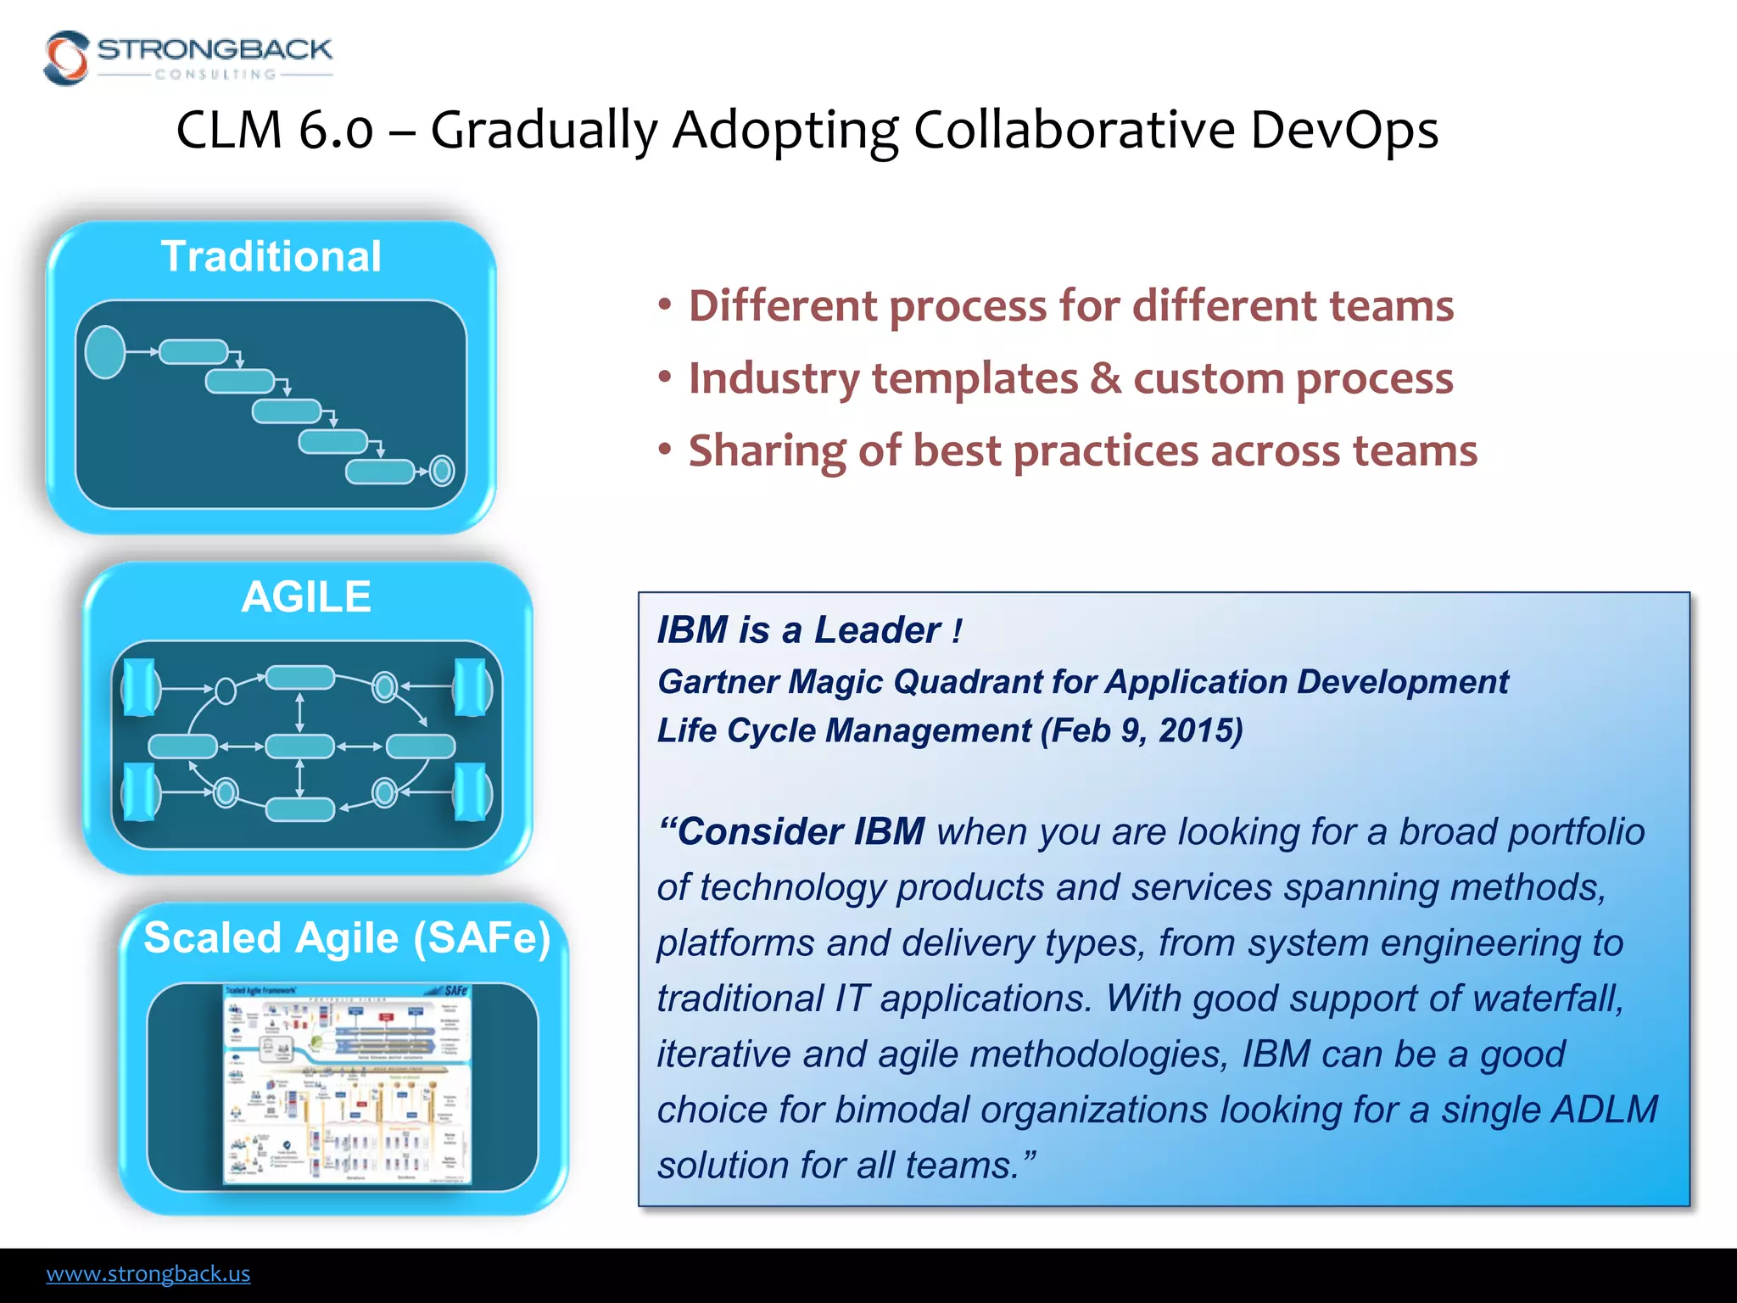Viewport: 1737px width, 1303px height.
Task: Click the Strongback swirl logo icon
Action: coord(66,58)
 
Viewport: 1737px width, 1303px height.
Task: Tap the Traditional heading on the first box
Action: coord(271,256)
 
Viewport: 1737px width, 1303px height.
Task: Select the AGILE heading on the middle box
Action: coord(306,596)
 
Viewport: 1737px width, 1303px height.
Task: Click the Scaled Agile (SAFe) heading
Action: coord(347,938)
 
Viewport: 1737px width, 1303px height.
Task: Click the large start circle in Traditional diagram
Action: coord(105,351)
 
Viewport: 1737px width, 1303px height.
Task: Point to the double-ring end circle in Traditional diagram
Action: coord(442,470)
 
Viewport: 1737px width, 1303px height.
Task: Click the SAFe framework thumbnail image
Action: coord(347,1084)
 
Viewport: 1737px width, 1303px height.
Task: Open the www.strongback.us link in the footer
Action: coord(148,1273)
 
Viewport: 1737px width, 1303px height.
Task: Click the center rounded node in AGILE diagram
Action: coord(299,747)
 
